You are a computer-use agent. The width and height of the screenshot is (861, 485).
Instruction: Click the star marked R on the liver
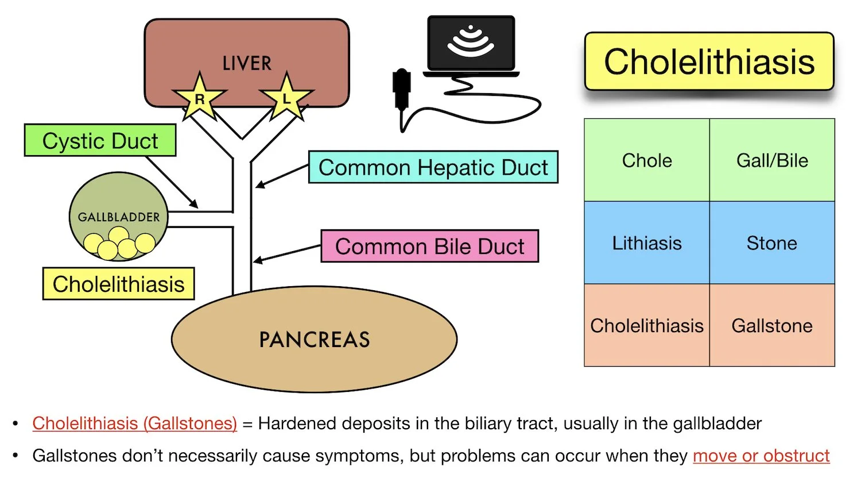[x=199, y=98]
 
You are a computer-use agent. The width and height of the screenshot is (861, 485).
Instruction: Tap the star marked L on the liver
[x=286, y=98]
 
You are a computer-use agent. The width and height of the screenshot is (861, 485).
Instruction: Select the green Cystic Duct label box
[x=100, y=141]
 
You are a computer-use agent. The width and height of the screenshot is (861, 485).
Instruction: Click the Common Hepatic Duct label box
[x=433, y=167]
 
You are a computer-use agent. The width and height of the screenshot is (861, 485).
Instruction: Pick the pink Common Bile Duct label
[x=429, y=246]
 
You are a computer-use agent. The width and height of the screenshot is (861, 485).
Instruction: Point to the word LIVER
[x=247, y=63]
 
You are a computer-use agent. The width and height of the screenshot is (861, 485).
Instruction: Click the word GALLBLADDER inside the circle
[x=119, y=217]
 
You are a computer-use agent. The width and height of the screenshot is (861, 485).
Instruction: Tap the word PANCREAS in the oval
[x=314, y=340]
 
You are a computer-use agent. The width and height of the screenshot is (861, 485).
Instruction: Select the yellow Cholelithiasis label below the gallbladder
[x=118, y=284]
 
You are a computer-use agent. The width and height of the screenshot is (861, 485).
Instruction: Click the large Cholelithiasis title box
[x=709, y=61]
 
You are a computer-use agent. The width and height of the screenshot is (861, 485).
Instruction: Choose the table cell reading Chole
[x=647, y=160]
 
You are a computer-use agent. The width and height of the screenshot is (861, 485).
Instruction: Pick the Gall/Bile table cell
[x=772, y=160]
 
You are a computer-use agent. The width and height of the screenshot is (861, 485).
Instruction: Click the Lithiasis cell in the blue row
[x=647, y=243]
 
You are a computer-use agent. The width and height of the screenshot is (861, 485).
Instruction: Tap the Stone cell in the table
[x=772, y=243]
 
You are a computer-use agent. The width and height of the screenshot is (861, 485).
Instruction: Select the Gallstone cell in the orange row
[x=772, y=326]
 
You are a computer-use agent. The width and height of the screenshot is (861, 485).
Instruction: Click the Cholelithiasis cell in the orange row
[x=647, y=326]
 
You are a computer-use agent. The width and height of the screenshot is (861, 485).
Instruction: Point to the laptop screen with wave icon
[x=471, y=43]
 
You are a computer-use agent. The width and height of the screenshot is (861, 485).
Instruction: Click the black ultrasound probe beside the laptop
[x=401, y=88]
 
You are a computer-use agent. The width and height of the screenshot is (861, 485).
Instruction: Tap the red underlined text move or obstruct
[x=761, y=456]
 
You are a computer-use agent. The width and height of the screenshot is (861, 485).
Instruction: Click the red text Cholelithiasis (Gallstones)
[x=134, y=424]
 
